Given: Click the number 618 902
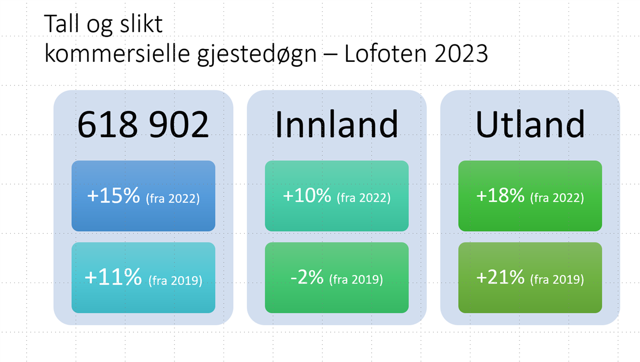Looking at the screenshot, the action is [143, 124].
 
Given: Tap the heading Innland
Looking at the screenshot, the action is [337, 124].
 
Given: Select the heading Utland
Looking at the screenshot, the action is [530, 124].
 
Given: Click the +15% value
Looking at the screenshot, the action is [114, 195].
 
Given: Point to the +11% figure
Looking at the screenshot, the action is [113, 277].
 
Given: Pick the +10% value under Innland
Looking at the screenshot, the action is [307, 195].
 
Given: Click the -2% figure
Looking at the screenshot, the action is [307, 277].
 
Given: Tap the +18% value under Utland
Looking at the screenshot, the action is [500, 195].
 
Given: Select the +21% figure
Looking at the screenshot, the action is [500, 277].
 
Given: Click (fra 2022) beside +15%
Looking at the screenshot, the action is [173, 199].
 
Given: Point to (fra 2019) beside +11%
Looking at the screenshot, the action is [175, 280].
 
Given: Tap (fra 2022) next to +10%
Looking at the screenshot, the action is [364, 198].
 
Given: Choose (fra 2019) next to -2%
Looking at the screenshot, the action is [356, 279].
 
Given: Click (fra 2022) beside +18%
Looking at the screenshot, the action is [557, 198].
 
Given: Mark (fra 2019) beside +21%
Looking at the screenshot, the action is [557, 279].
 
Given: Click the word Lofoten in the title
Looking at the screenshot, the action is [386, 53].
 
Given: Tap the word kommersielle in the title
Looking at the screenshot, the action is [117, 53].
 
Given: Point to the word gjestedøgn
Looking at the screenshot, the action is [257, 55].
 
